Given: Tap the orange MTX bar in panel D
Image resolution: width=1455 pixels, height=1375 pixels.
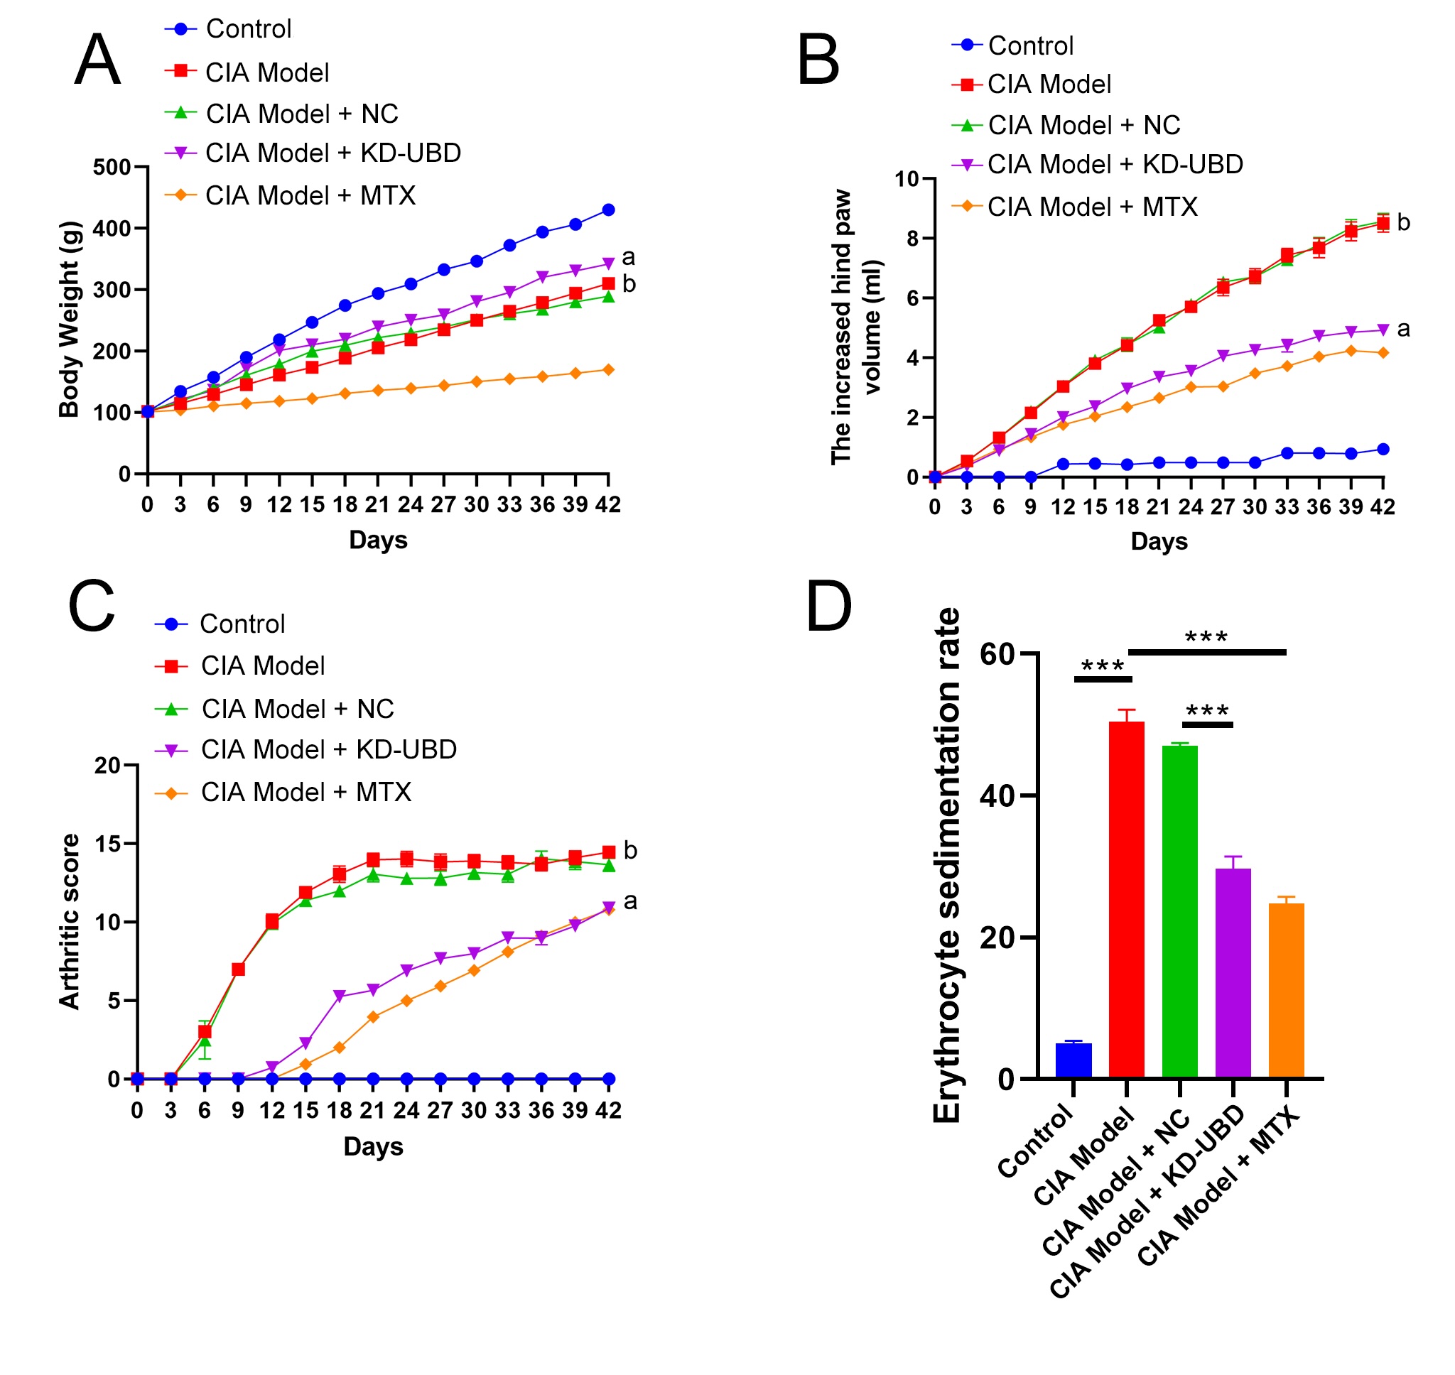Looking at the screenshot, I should tap(1287, 991).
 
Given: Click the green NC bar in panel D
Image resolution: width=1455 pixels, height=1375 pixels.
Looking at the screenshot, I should tap(1179, 912).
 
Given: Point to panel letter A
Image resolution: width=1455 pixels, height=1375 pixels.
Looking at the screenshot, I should tap(97, 60).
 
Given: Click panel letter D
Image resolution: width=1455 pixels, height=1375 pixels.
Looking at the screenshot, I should tap(828, 606).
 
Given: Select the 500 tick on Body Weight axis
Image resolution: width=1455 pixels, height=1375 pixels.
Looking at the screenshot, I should tap(112, 168).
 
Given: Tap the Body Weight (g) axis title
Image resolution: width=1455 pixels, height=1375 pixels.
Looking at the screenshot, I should tap(69, 320).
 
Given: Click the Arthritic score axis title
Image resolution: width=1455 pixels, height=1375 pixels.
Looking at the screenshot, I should tap(69, 922).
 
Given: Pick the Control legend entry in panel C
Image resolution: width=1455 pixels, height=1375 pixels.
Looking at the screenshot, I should tap(242, 624).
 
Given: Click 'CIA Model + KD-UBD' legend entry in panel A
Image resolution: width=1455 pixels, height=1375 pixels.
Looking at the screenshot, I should tap(332, 153).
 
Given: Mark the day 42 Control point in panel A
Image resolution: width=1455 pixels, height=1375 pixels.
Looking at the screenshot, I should tap(608, 210).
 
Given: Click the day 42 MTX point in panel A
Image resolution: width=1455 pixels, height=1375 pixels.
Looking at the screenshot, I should tap(608, 370).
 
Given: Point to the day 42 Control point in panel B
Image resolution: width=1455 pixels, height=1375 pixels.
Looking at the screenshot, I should tap(1383, 450).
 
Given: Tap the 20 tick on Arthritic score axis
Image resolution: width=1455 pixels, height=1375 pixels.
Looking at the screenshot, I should tap(107, 766).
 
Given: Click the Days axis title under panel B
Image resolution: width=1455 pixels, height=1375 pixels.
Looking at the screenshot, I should tap(1159, 542).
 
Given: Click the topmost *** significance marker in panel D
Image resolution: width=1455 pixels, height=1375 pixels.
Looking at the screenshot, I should tap(1206, 636).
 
